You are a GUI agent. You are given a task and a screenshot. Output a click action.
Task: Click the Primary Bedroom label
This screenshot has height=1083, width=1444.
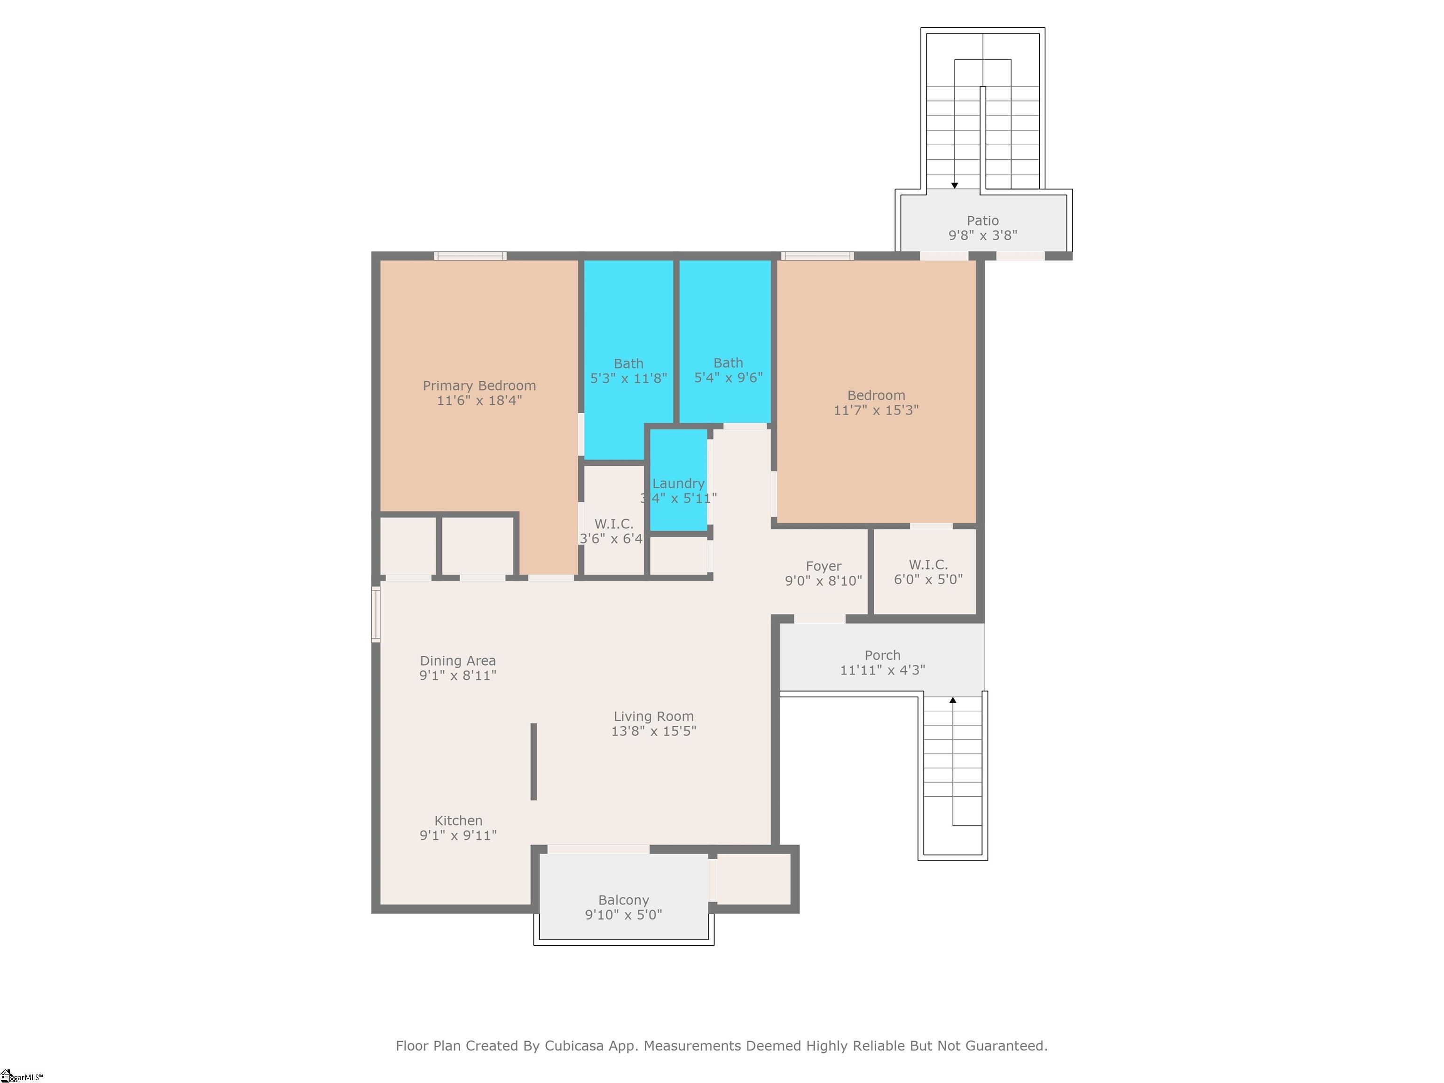(x=479, y=386)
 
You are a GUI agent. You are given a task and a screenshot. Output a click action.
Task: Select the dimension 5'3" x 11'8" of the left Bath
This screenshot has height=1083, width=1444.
(x=628, y=378)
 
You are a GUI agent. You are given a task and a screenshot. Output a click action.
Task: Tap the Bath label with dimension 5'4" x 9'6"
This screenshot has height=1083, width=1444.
(x=728, y=363)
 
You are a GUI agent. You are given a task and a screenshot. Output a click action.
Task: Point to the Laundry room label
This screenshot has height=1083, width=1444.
(x=678, y=484)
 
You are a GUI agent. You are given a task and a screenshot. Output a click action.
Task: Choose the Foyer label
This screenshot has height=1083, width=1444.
(x=823, y=566)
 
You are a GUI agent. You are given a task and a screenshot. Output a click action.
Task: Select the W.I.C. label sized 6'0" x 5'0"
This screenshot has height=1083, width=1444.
(x=927, y=565)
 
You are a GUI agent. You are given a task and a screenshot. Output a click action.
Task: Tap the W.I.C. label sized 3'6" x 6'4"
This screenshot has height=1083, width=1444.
(x=613, y=524)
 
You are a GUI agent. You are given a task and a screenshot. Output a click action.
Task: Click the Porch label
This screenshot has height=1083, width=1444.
(x=882, y=655)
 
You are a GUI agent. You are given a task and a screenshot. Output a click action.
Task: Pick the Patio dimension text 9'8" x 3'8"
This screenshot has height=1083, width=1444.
(x=982, y=235)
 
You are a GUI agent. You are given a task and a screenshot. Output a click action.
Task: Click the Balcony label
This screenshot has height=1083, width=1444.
(x=623, y=900)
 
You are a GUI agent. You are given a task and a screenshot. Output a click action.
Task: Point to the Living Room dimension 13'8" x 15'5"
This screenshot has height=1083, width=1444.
(x=653, y=731)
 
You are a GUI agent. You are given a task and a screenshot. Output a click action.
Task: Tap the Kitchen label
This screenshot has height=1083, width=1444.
(x=458, y=821)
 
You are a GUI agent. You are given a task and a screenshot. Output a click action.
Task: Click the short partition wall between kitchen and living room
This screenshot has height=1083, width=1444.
(x=534, y=761)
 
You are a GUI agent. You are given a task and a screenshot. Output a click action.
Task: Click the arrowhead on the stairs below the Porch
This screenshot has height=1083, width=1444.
(x=952, y=700)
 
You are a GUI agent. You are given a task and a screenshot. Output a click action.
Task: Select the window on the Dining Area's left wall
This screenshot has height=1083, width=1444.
(x=376, y=614)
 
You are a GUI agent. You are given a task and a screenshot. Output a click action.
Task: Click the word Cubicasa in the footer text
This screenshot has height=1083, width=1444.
(x=573, y=1046)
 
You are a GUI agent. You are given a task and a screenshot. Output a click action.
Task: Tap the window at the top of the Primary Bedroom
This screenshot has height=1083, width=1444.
(x=470, y=256)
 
